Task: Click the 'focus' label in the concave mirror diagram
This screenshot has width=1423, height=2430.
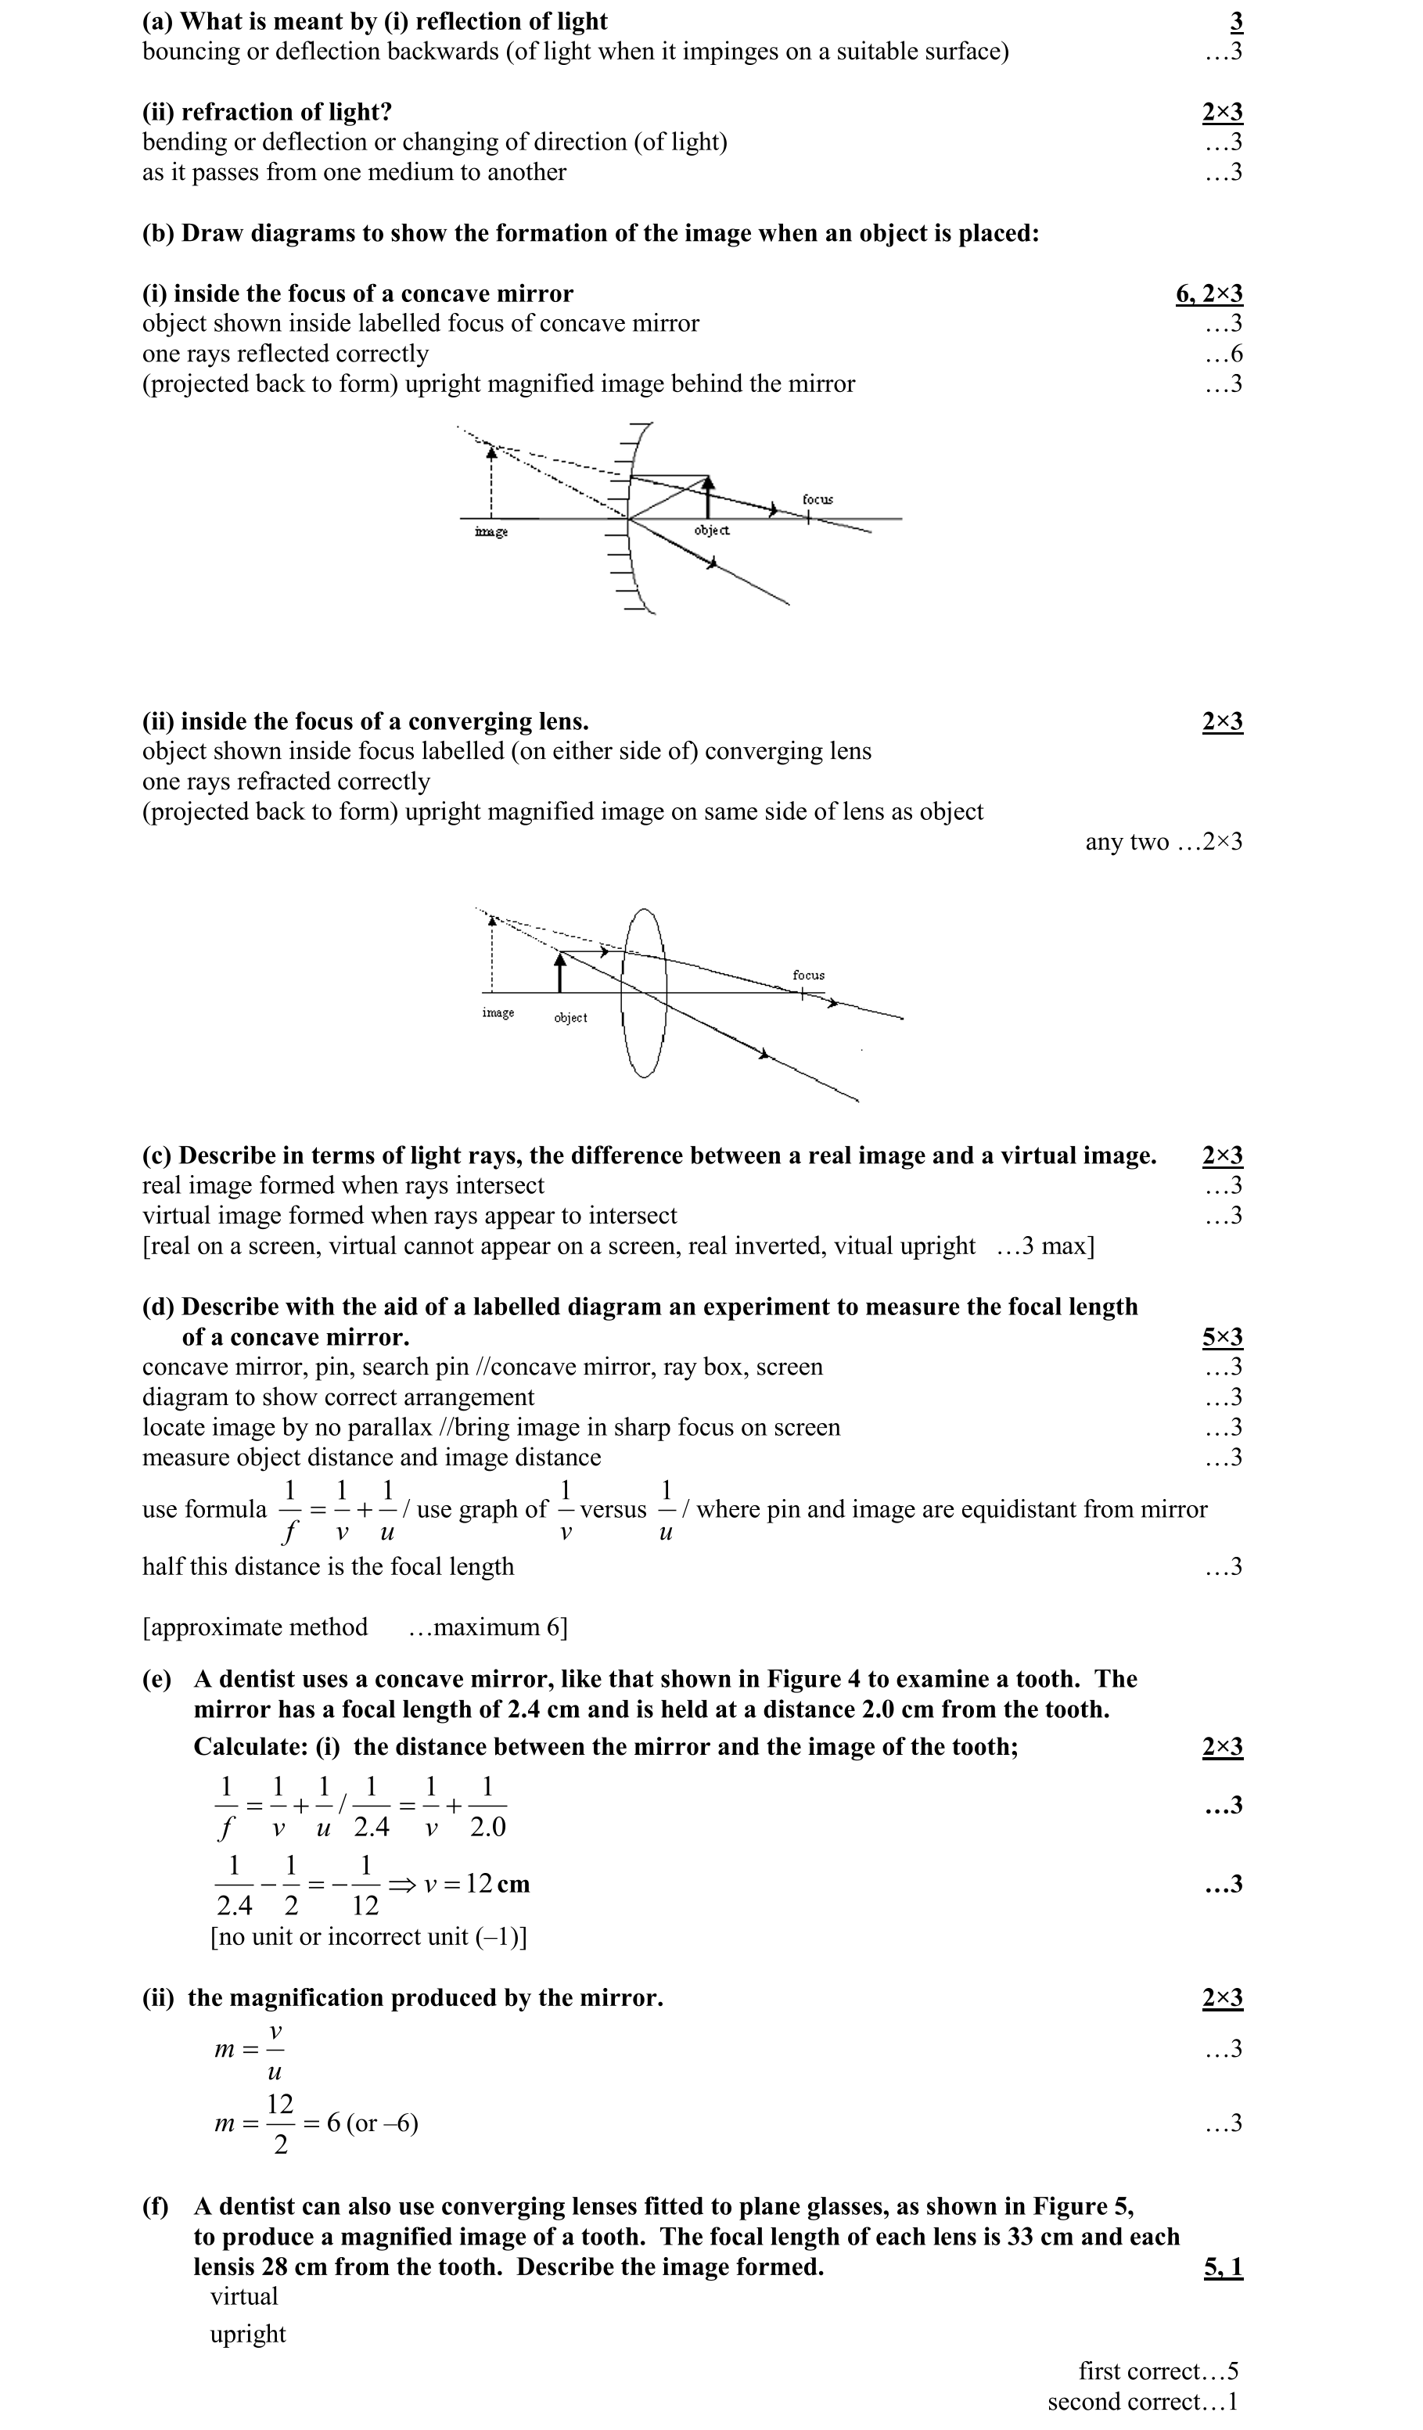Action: click(x=817, y=499)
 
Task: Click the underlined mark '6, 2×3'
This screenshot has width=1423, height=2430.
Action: click(x=1208, y=294)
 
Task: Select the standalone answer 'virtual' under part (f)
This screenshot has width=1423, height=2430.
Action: click(x=244, y=2296)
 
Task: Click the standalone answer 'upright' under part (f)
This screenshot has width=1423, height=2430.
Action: click(x=248, y=2334)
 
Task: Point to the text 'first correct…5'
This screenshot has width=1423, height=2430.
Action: click(x=1158, y=2371)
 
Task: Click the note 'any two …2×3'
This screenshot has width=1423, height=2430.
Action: click(x=1163, y=842)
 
